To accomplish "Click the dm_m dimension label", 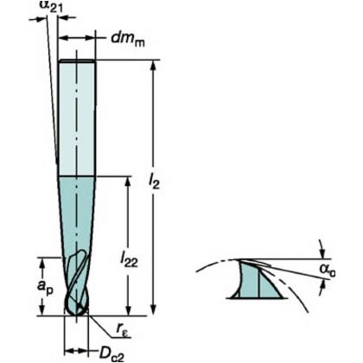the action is [128, 39].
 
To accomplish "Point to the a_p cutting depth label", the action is [45, 286].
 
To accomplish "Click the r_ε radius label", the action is [124, 333].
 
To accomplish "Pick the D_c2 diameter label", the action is [111, 354].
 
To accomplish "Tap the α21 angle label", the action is [50, 6].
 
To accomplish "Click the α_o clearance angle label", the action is [328, 271].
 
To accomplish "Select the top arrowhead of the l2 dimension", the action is [154, 66].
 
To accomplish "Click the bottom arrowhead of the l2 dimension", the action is [154, 310].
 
